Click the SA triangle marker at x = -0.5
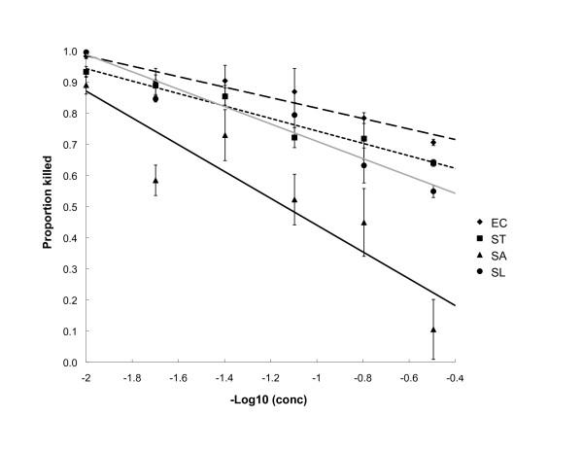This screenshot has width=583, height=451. [x=432, y=330]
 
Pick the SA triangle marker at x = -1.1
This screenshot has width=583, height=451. [x=294, y=200]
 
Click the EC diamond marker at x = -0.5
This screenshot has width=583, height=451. [x=432, y=143]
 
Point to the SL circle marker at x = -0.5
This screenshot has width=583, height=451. [x=432, y=191]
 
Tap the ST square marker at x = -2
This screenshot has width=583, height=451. [x=86, y=72]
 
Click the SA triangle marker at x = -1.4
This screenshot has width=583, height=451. [x=225, y=135]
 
